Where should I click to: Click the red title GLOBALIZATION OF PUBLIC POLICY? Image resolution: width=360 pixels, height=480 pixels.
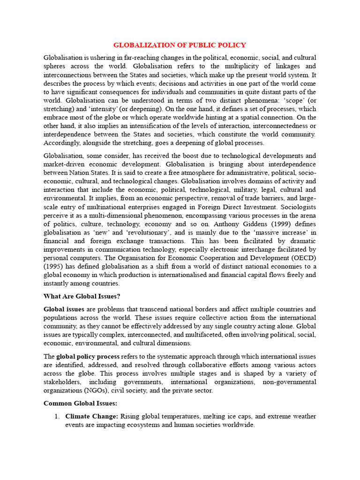coord(180,45)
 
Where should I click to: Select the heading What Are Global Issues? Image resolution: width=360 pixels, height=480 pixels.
coord(82,296)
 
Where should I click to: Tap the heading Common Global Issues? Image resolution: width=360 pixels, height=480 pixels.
coord(80,403)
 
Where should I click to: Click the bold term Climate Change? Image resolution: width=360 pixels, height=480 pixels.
coord(92,416)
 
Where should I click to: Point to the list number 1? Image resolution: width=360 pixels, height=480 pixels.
coord(56,416)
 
